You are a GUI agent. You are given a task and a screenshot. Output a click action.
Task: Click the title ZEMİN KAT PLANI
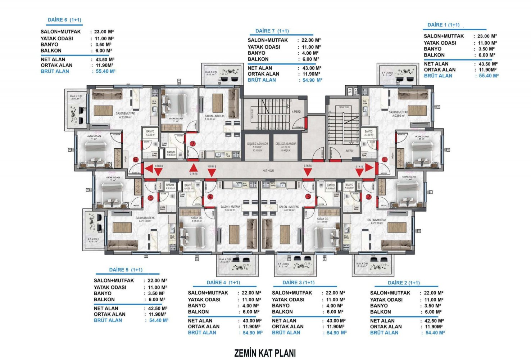tap(265, 353)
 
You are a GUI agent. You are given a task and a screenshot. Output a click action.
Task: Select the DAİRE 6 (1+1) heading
tap(64, 20)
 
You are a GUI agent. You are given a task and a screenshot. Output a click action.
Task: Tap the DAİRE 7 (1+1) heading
tap(272, 31)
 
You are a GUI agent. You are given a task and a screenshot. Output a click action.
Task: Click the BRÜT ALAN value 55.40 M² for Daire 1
tap(489, 76)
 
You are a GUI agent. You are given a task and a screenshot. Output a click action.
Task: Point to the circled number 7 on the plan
tap(193, 144)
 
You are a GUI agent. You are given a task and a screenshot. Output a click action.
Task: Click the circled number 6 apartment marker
tap(136, 159)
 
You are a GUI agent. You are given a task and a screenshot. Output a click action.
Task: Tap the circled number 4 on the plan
tap(210, 197)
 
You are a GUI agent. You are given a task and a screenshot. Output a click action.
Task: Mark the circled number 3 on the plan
tap(308, 197)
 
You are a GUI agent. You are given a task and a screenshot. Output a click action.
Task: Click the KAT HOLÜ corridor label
tap(268, 170)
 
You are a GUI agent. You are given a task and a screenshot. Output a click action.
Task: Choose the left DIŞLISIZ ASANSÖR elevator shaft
tap(257, 147)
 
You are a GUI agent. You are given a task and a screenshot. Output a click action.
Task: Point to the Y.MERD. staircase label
tap(296, 112)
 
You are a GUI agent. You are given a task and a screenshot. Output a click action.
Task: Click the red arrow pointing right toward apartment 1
tap(369, 167)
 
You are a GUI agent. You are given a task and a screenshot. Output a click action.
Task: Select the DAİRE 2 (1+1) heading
tap(404, 283)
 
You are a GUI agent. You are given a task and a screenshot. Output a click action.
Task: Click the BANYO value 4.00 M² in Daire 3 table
tap(335, 306)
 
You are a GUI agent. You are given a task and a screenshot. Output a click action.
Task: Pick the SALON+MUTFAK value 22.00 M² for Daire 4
tap(251, 293)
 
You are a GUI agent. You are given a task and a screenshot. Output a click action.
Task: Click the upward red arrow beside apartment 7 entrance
tap(193, 167)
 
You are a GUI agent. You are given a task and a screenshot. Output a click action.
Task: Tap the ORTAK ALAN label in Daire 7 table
tap(263, 74)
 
